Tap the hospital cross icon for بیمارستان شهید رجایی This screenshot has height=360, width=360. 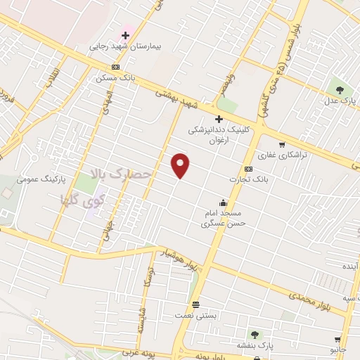coord(125,35)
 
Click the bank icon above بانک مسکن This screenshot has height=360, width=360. coord(116,67)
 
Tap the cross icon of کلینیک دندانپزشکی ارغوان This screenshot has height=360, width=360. coord(219,119)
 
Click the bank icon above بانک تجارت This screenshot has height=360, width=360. coord(248,169)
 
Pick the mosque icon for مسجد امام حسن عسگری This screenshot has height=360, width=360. coord(223,202)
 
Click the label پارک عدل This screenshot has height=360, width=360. coord(340,100)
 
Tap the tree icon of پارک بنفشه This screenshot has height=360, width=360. coord(254,335)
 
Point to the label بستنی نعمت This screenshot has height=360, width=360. coord(195,316)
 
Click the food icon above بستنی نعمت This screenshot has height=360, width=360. coord(195,305)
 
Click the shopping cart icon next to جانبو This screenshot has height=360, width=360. coord(339,339)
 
